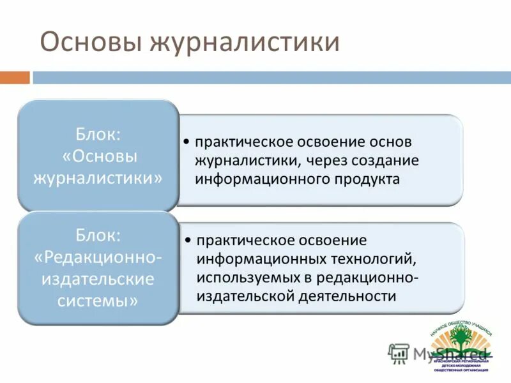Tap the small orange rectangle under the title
click(15, 78)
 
